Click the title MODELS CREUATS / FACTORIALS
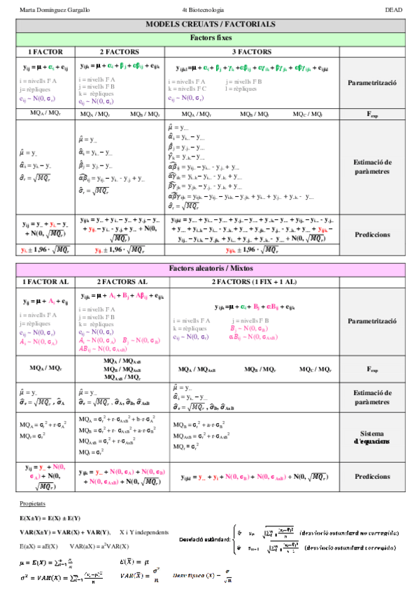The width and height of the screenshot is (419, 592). click(x=210, y=24)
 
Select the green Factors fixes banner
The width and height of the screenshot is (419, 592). click(x=210, y=38)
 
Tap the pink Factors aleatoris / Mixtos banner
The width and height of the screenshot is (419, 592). click(x=210, y=269)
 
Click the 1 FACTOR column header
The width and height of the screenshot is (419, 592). click(x=45, y=52)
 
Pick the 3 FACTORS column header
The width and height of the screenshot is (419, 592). click(x=251, y=52)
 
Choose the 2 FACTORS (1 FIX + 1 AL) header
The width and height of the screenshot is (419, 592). click(x=251, y=281)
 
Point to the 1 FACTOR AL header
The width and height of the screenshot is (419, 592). click(x=45, y=281)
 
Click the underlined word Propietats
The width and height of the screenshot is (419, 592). click(x=32, y=503)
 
